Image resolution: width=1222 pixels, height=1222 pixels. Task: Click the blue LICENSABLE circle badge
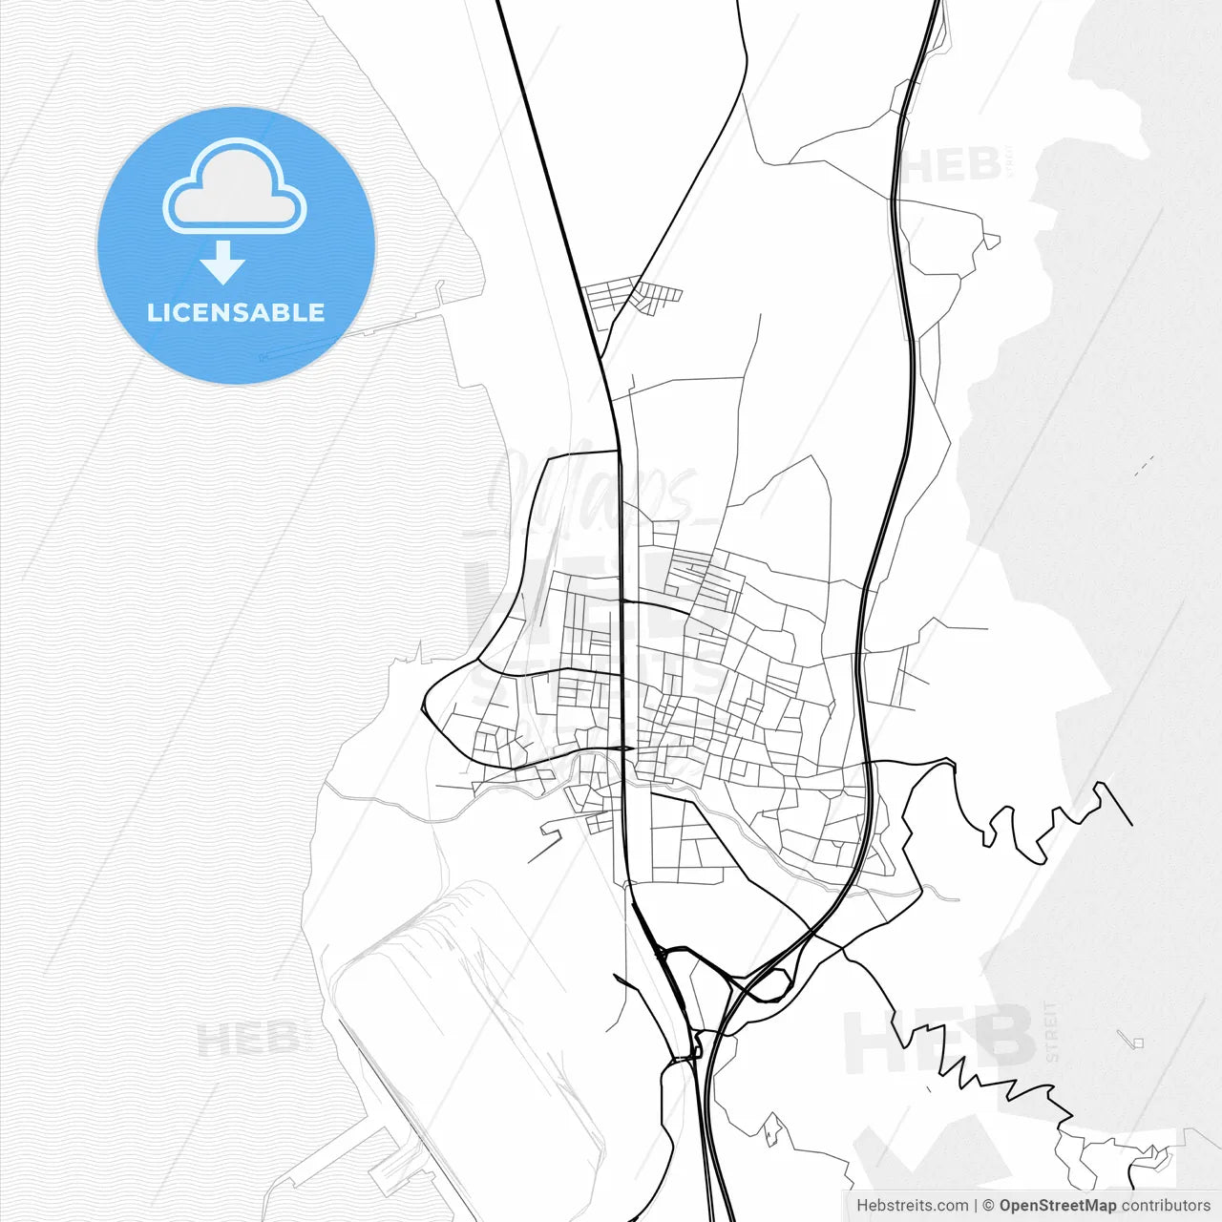(236, 245)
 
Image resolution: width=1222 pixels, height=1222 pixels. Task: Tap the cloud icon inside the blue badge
(235, 188)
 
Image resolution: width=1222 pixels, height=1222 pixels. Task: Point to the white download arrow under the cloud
(223, 263)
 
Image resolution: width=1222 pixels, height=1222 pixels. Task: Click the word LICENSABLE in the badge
(236, 313)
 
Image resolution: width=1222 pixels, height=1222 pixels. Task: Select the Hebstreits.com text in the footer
(913, 1206)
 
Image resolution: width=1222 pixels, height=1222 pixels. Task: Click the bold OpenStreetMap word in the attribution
(1058, 1206)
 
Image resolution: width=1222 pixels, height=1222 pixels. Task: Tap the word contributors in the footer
(1166, 1206)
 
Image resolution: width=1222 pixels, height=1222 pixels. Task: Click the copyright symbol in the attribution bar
(989, 1206)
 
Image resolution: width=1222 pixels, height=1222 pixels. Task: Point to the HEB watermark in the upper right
(951, 165)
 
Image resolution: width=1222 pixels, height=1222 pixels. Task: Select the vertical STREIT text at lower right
(1052, 1031)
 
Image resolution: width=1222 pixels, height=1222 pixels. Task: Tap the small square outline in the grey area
(1137, 1043)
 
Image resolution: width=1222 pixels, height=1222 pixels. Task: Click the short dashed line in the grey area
(1144, 466)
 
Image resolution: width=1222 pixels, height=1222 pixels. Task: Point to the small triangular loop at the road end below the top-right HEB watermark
(992, 242)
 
